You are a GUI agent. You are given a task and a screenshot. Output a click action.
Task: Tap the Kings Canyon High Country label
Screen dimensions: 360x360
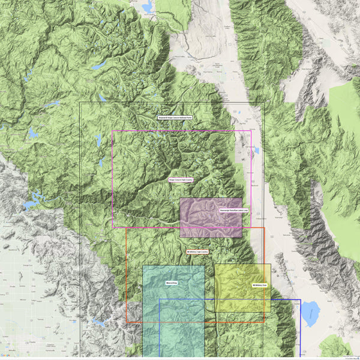click(181, 179)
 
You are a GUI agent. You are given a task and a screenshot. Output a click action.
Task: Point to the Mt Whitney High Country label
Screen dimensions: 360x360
click(197, 251)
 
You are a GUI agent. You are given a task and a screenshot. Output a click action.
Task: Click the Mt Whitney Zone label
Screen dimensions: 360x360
click(259, 284)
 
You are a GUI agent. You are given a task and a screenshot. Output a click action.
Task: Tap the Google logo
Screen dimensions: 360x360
click(5, 356)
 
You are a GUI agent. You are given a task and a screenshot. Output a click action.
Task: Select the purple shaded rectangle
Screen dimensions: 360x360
click(211, 218)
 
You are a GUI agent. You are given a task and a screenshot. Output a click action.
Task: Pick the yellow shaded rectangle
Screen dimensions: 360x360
click(242, 288)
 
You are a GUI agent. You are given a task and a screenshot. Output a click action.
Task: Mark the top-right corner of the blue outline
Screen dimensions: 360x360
click(300, 299)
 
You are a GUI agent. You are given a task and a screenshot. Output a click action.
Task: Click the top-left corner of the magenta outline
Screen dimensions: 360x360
click(112, 131)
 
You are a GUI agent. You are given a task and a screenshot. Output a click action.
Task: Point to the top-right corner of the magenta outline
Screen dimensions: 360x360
click(251, 131)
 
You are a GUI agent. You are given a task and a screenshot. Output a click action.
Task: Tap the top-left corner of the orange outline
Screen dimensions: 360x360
click(127, 227)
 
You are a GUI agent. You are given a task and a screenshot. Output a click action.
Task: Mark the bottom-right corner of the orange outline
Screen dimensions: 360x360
click(264, 322)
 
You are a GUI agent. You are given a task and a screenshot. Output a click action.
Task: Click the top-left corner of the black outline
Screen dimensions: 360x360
click(80, 103)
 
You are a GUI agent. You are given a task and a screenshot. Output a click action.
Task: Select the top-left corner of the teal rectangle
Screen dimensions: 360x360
click(143, 265)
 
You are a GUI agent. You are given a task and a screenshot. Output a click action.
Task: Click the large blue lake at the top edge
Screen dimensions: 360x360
click(147, 7)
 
